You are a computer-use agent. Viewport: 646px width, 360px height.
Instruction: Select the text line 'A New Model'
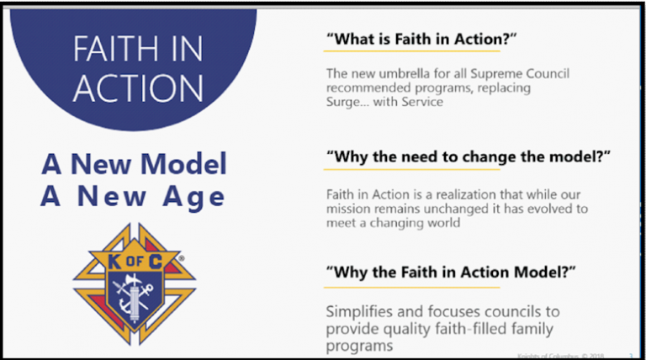(x=134, y=164)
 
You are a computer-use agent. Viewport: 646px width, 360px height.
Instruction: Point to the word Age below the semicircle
(x=194, y=197)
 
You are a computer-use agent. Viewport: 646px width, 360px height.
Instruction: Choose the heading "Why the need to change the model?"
(x=467, y=157)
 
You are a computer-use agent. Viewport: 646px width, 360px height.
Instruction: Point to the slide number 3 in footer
(x=629, y=356)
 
